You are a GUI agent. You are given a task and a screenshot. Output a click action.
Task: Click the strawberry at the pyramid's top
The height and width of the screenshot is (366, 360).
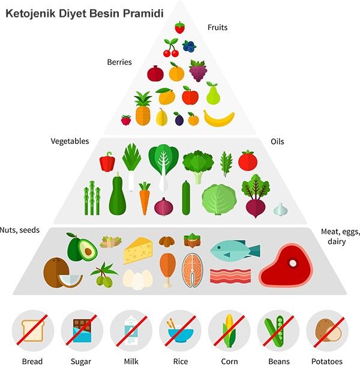pyautogui.click(x=179, y=27)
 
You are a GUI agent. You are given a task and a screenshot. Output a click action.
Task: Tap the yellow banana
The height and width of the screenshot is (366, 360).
pyautogui.click(x=218, y=118)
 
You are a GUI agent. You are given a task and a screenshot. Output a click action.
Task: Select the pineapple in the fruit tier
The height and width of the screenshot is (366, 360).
pyautogui.click(x=143, y=109)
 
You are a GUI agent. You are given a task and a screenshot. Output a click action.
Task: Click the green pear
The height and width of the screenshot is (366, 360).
pyautogui.click(x=213, y=94)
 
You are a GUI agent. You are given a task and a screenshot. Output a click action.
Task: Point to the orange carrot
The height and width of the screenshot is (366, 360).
pyautogui.click(x=145, y=199)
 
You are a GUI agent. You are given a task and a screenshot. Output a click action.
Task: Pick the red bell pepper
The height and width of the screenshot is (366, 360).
pyautogui.click(x=107, y=161)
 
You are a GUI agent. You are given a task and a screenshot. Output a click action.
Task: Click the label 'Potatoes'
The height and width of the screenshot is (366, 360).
pyautogui.click(x=327, y=361)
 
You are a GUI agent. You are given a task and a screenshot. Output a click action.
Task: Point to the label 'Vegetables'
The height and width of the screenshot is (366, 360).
pyautogui.click(x=70, y=142)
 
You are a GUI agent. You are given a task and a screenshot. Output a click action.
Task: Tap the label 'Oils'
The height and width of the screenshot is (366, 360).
pyautogui.click(x=277, y=142)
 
